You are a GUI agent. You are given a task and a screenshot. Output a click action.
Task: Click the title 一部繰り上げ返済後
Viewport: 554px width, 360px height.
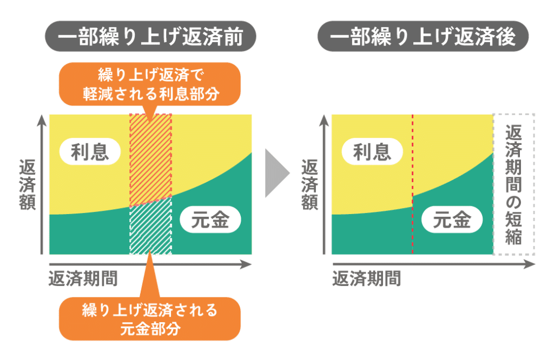coord(422,38)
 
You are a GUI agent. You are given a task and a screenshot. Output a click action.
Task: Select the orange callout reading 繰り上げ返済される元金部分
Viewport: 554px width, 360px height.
coord(150,318)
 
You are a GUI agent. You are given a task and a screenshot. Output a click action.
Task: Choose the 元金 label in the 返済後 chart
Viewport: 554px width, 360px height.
coord(452,221)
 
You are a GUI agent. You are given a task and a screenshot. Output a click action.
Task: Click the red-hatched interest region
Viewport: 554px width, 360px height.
coord(150,157)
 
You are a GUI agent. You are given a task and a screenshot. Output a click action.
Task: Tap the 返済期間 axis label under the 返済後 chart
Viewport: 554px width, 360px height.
coord(366,278)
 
